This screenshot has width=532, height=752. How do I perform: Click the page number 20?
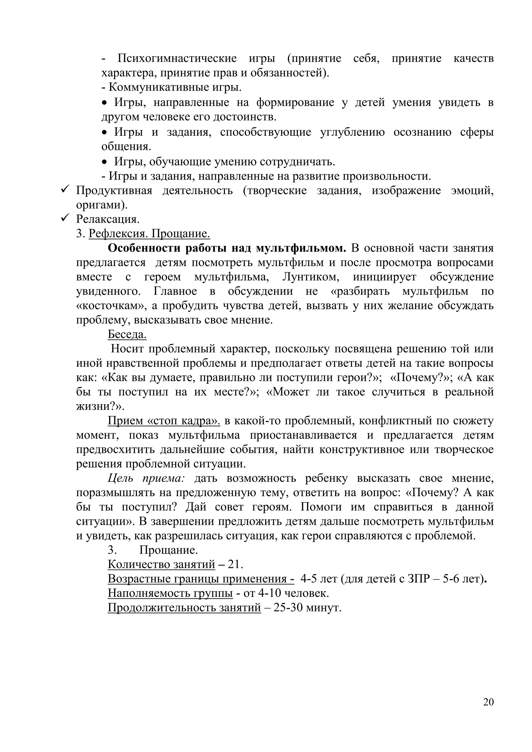(x=488, y=702)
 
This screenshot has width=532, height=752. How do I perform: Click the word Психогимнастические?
(x=177, y=59)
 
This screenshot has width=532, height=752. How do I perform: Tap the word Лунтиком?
(x=311, y=277)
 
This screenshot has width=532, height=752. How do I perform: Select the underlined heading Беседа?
(x=127, y=334)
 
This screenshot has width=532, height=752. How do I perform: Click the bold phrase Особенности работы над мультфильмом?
(x=227, y=248)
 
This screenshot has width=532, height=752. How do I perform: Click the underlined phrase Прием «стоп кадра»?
(x=164, y=421)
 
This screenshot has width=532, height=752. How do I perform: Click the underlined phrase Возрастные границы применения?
(x=201, y=579)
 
